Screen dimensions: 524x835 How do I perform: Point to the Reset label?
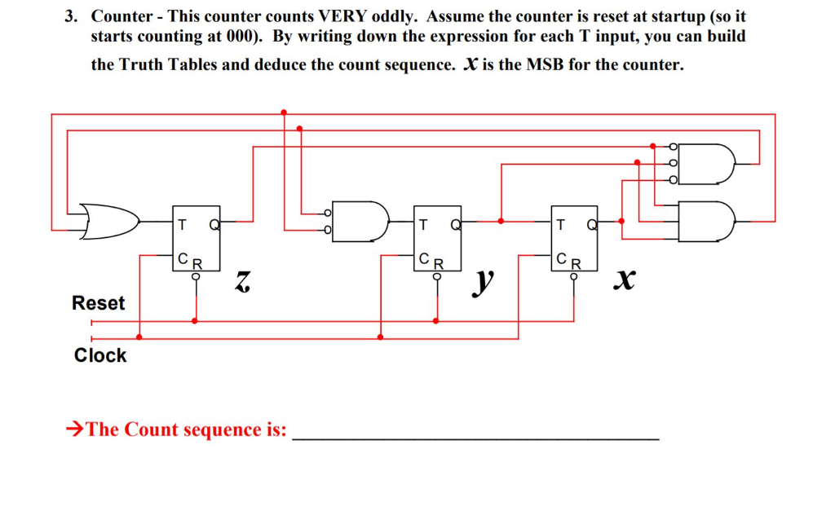coord(99,303)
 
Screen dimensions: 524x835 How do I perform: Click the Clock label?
coord(100,355)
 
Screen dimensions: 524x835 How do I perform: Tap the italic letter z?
coord(241,282)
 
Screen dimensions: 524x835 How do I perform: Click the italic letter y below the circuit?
coord(484,282)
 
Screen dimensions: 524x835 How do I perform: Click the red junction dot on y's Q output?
coord(501,220)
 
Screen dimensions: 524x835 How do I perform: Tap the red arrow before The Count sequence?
coord(75,429)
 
